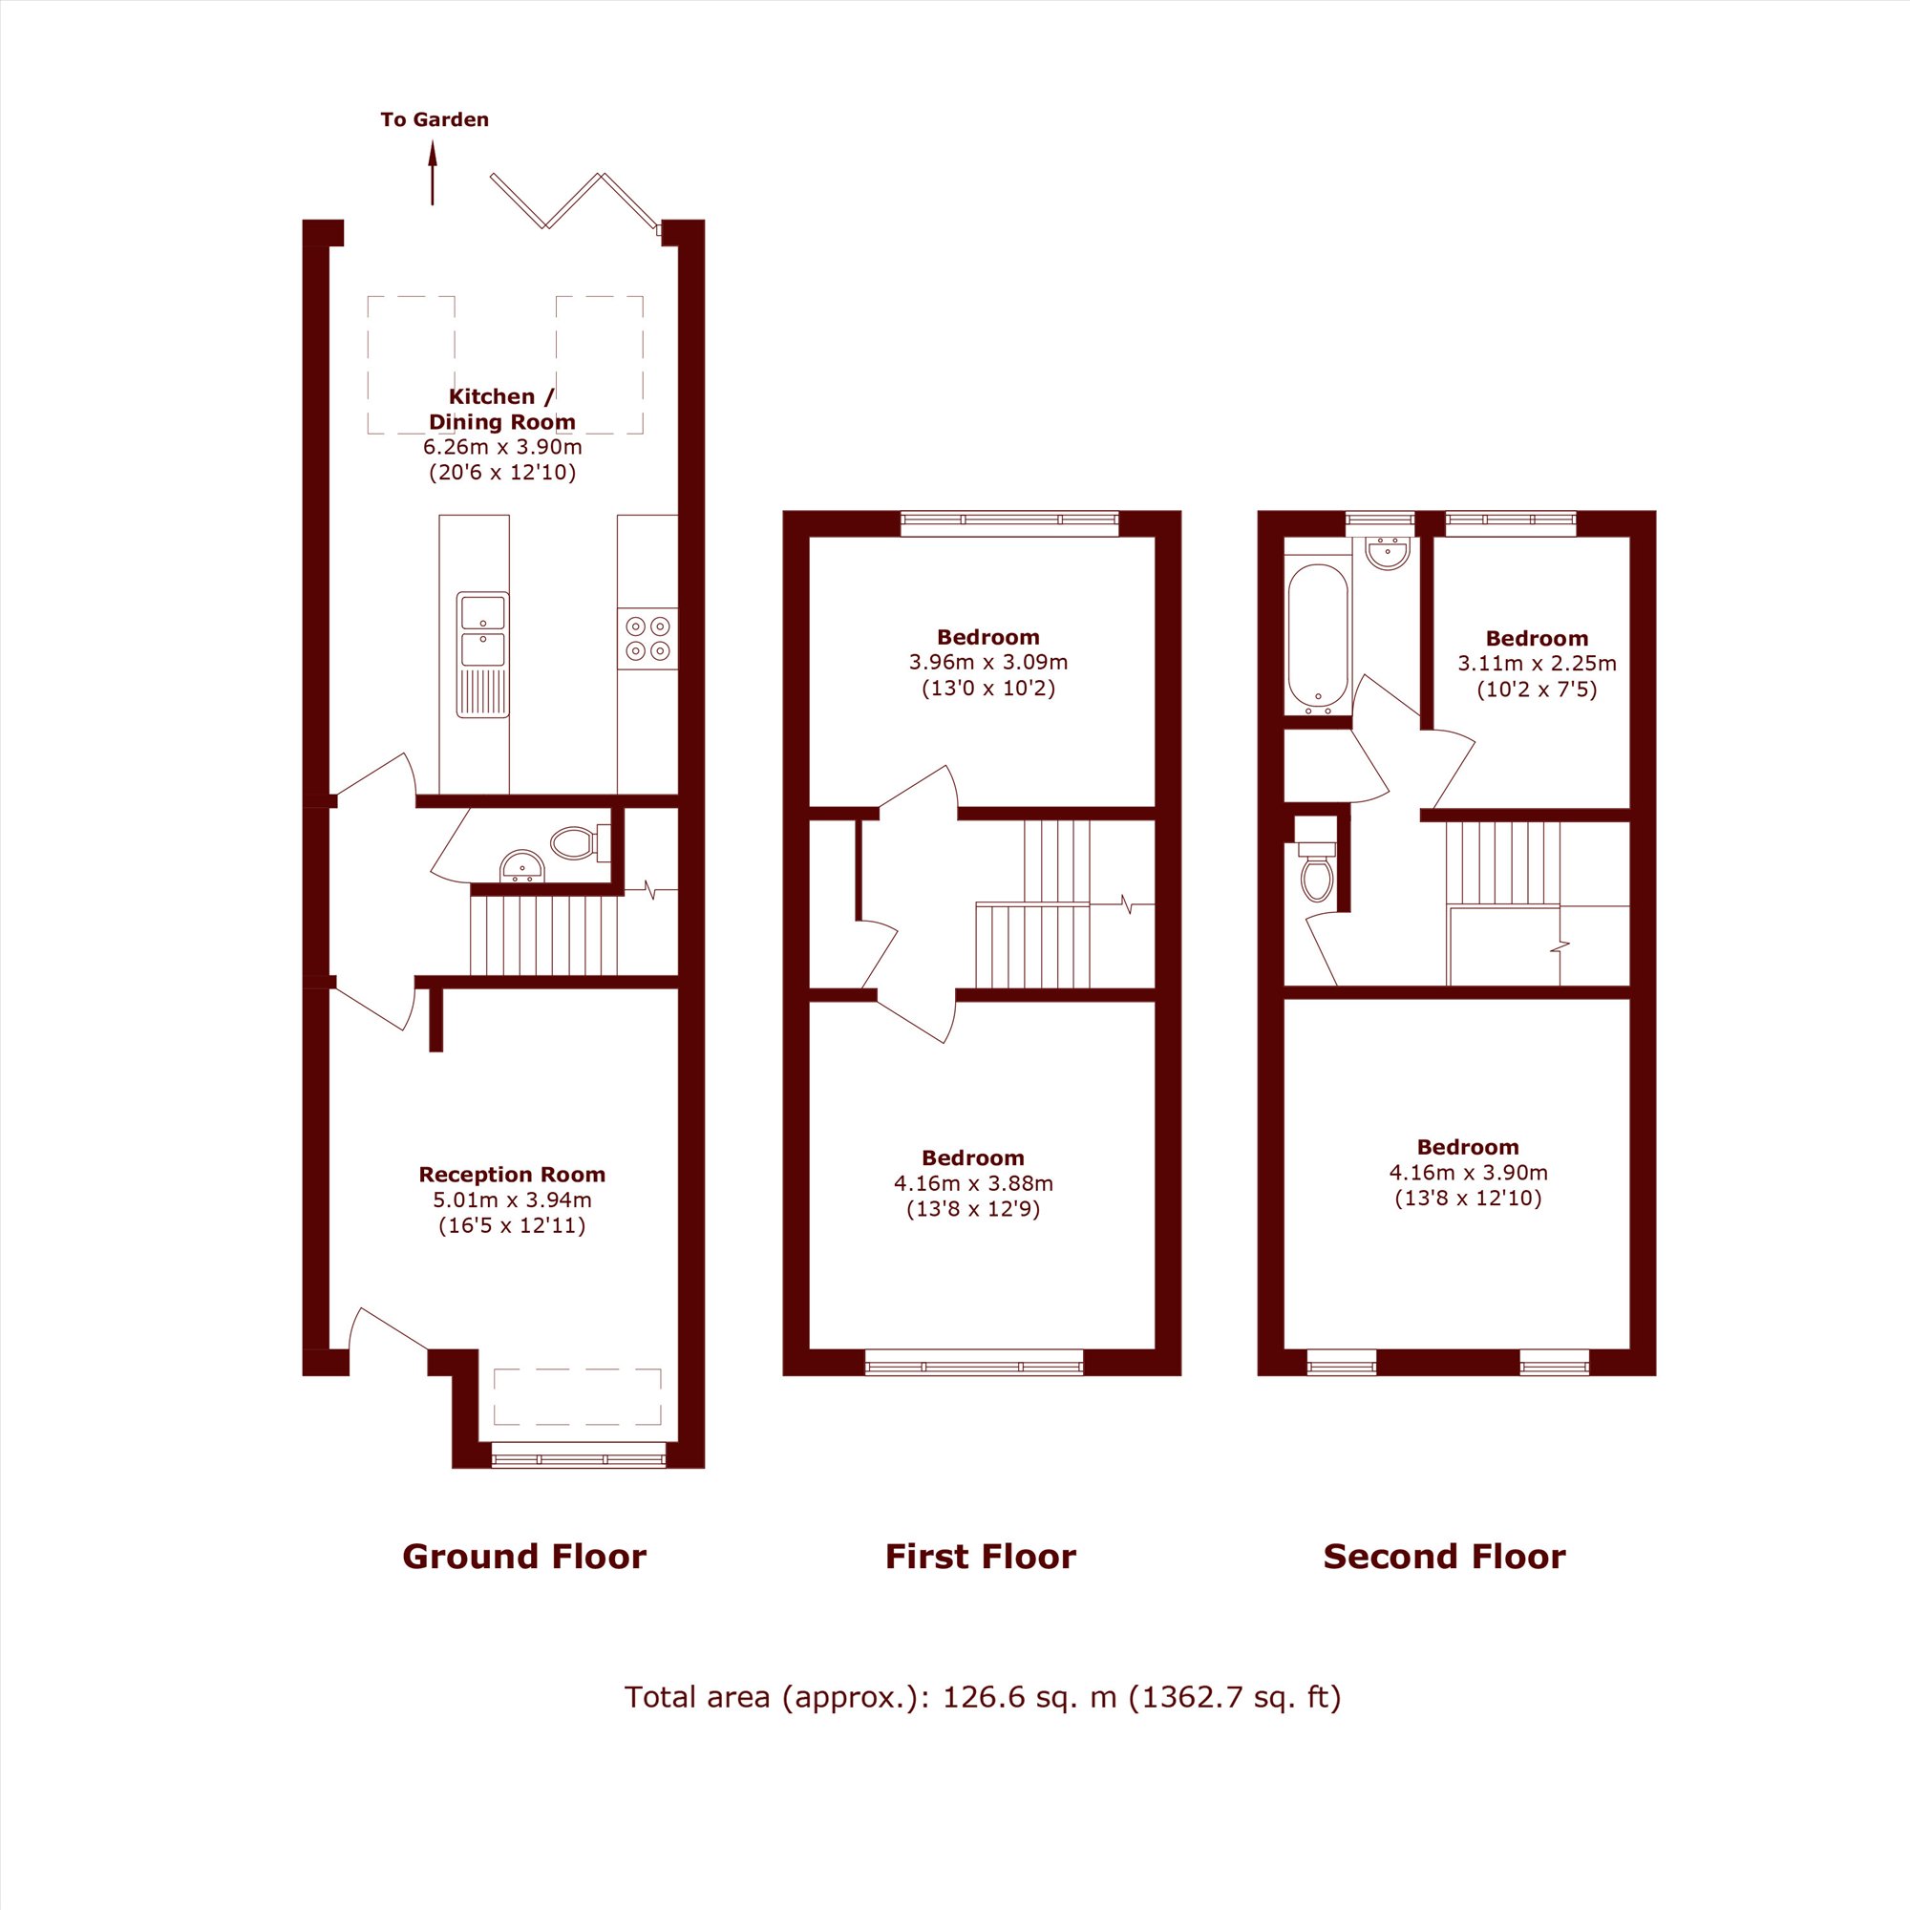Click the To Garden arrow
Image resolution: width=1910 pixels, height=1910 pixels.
[x=432, y=173]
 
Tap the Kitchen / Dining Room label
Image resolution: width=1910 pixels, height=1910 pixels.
[x=502, y=410]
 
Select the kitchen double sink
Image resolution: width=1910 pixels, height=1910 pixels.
[x=482, y=654]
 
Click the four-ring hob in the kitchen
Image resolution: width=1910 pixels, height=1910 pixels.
[x=647, y=639]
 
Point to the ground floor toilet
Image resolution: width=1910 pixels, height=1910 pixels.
[x=580, y=843]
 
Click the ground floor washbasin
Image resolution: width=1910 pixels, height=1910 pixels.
[x=522, y=866]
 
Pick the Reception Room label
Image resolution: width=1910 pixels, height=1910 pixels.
[x=512, y=1175]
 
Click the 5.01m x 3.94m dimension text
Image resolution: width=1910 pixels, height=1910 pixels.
[x=512, y=1200]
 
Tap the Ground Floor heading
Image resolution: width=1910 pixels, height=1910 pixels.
[x=524, y=1557]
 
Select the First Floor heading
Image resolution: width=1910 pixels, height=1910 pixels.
[x=981, y=1557]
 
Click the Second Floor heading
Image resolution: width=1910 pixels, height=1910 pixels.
[x=1444, y=1557]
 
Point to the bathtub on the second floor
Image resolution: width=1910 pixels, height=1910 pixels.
[x=1318, y=638]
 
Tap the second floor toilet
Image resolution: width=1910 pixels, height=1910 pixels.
[x=1317, y=870]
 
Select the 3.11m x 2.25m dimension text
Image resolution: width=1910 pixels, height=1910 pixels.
[x=1538, y=664]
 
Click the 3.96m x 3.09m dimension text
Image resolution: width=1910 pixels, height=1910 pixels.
[x=988, y=663]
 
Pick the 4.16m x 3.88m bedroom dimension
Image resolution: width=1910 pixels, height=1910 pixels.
[x=974, y=1183]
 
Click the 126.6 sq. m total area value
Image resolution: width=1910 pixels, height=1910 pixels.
[x=1029, y=1697]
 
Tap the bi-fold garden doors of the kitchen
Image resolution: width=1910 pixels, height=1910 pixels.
[x=573, y=202]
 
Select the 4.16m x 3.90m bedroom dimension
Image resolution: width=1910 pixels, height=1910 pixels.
[x=1468, y=1173]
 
